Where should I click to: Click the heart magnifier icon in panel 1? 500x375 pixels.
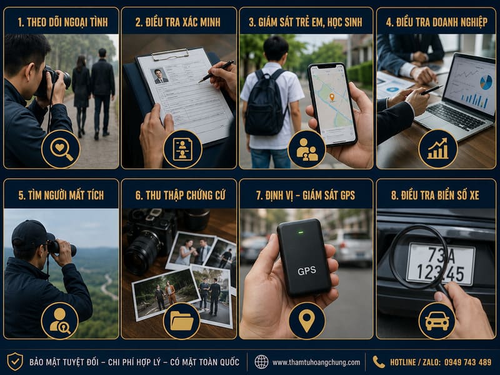(61, 149)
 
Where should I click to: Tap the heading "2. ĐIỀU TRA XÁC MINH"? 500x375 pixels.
(177, 22)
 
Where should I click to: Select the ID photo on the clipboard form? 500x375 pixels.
(159, 76)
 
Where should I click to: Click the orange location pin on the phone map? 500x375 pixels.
(332, 97)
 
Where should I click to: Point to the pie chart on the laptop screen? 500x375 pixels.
(486, 82)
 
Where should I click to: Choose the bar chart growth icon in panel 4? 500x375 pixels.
(438, 149)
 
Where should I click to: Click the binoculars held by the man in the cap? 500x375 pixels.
(62, 247)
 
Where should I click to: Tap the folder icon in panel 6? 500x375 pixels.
(181, 320)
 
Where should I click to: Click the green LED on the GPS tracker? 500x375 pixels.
(301, 232)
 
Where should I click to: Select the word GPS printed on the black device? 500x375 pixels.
(307, 271)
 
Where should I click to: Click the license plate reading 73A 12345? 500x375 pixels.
(441, 264)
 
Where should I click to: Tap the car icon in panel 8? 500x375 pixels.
(437, 321)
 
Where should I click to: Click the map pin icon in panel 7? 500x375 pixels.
(307, 321)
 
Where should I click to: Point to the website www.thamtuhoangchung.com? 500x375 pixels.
(316, 362)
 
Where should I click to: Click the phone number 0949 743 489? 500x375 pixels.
(467, 362)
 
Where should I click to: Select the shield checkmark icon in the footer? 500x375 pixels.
(15, 362)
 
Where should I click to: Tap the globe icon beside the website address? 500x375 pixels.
(261, 362)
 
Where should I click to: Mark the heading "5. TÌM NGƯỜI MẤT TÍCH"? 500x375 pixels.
(61, 195)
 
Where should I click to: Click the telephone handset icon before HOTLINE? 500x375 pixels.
(379, 362)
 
